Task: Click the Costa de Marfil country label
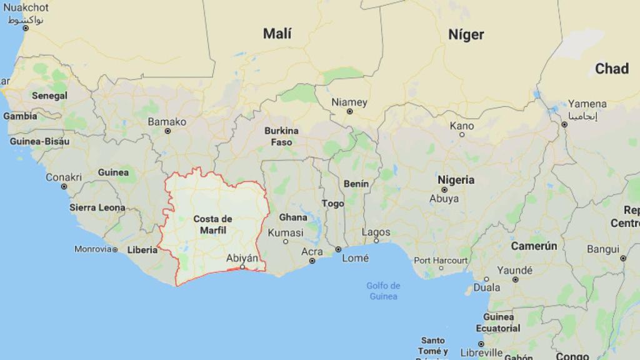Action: [212, 224]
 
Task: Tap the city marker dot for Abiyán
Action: [242, 267]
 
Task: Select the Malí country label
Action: [277, 34]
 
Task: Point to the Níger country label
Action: [466, 34]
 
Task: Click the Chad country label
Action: [611, 69]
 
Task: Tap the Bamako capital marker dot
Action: [167, 131]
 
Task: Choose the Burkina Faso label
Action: [281, 136]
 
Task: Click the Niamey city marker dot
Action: [349, 112]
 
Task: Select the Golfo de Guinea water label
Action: [383, 291]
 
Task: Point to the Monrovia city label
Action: [92, 249]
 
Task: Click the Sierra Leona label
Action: [97, 207]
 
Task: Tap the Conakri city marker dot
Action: [64, 186]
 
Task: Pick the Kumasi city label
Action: [285, 232]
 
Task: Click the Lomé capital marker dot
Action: [338, 249]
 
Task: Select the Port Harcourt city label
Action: [441, 260]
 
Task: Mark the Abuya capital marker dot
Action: [444, 189]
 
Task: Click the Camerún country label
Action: [534, 246]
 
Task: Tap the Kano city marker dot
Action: [462, 134]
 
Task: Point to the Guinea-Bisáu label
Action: [39, 142]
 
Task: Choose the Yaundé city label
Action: [514, 271]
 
